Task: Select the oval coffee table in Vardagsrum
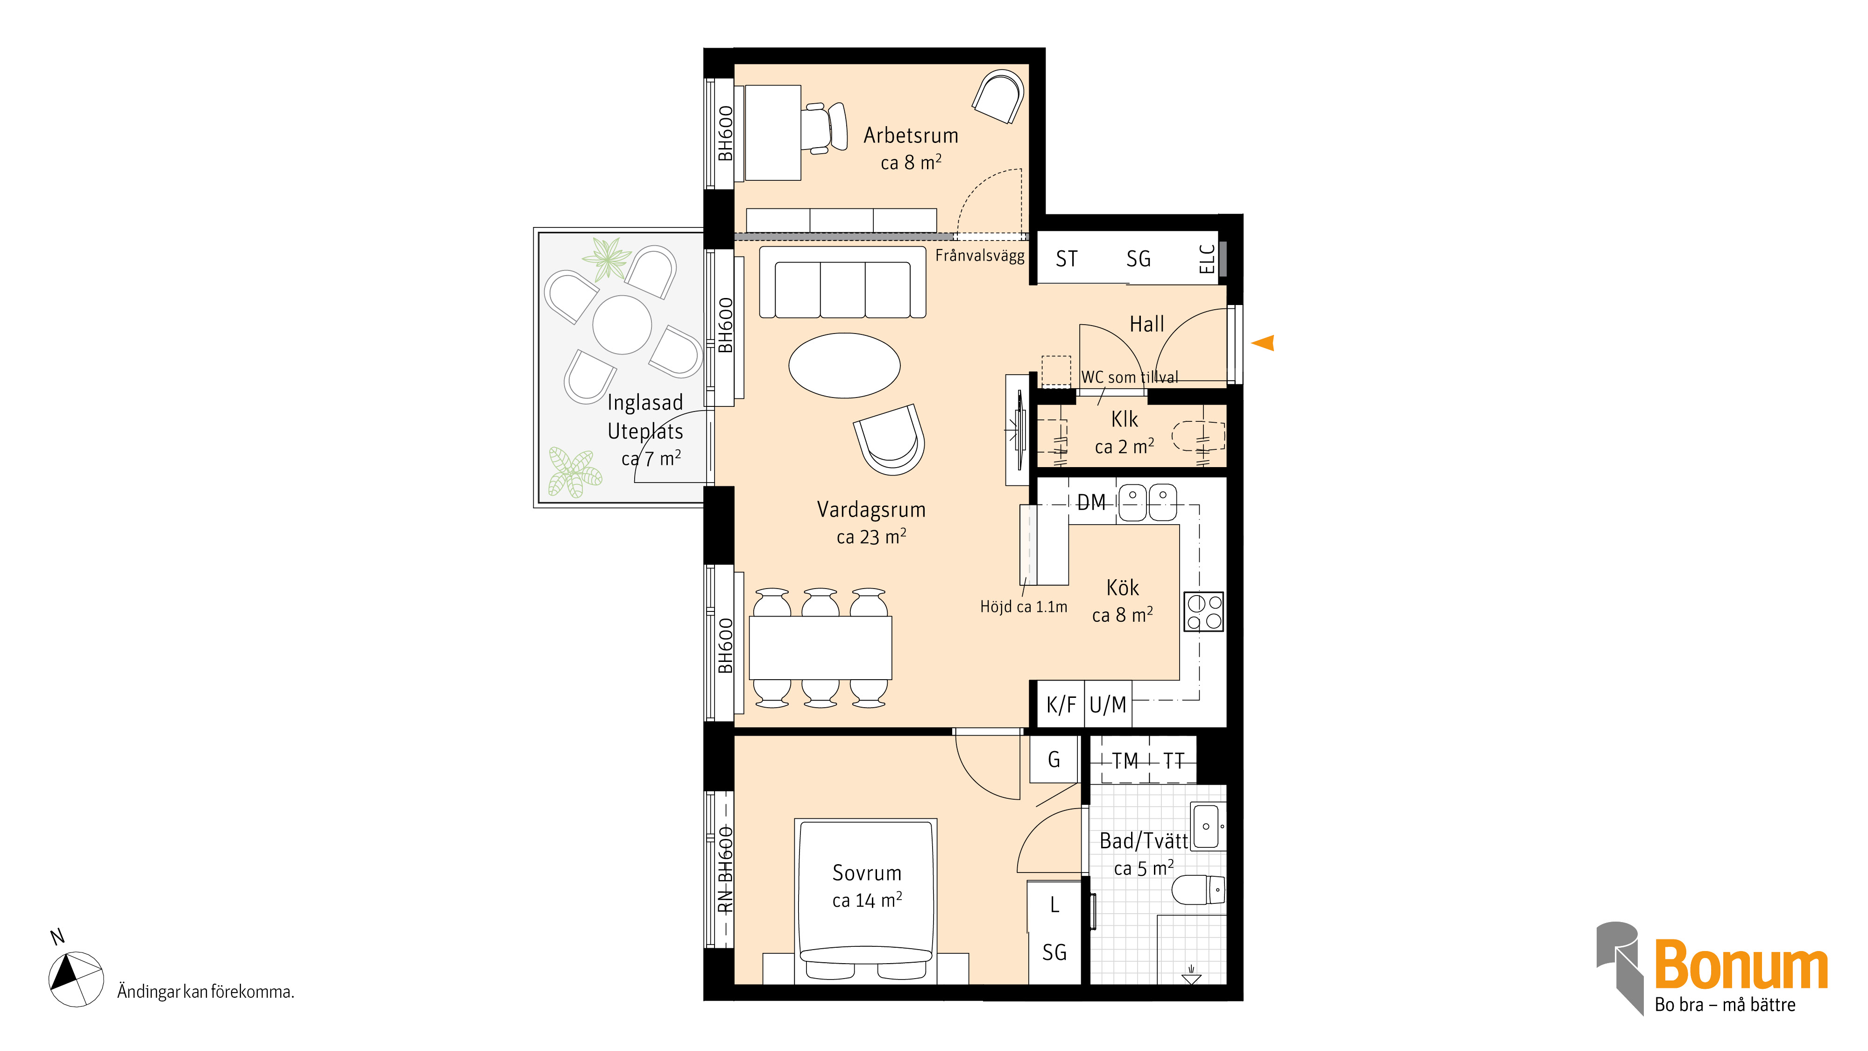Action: point(845,366)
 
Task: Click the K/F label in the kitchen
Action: point(1061,705)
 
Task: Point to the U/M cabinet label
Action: point(1108,705)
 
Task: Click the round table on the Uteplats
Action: point(622,325)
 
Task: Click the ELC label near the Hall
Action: point(1207,259)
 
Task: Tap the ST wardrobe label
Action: point(1067,259)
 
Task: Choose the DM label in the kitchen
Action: point(1091,502)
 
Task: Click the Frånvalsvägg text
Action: point(980,256)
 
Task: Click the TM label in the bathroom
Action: point(1125,761)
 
